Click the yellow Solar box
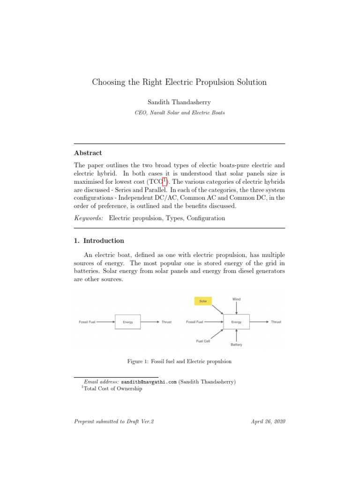tap(203, 301)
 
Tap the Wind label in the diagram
tap(236, 299)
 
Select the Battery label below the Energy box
tap(236, 345)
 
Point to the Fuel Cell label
tap(203, 341)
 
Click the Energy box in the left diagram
tap(127, 322)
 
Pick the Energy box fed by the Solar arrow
tap(236, 322)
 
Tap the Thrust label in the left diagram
tap(166, 322)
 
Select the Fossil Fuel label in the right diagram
tap(195, 322)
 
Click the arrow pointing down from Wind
tap(236, 308)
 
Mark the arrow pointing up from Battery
tap(236, 335)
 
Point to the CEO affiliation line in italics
tap(180, 113)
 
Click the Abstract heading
tap(88, 153)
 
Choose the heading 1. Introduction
tap(99, 240)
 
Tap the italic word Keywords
tap(89, 218)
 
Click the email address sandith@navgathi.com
tap(149, 382)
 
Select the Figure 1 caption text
tap(180, 361)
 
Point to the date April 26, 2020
tap(269, 421)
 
